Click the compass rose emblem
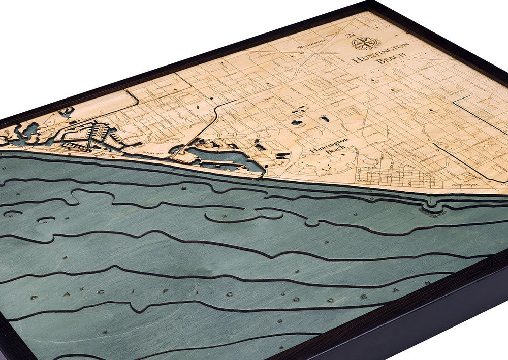tap(364, 41)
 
